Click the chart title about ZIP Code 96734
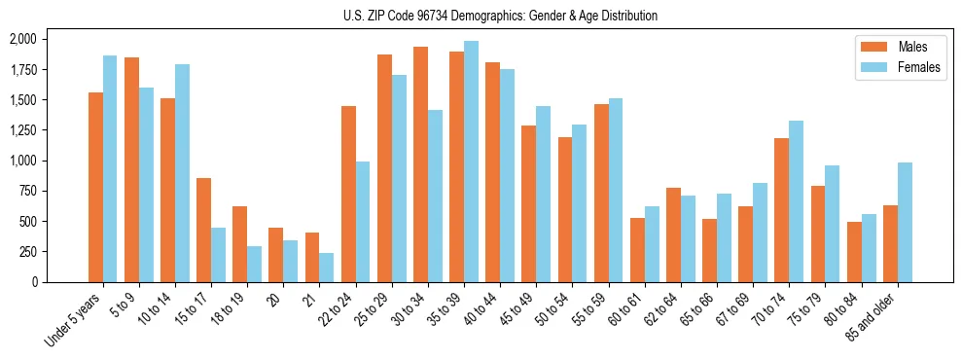(x=500, y=16)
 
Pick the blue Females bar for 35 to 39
(x=471, y=162)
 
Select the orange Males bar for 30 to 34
(x=420, y=164)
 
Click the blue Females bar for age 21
(x=326, y=268)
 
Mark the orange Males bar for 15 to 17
(x=203, y=230)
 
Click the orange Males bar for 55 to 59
(x=601, y=193)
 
